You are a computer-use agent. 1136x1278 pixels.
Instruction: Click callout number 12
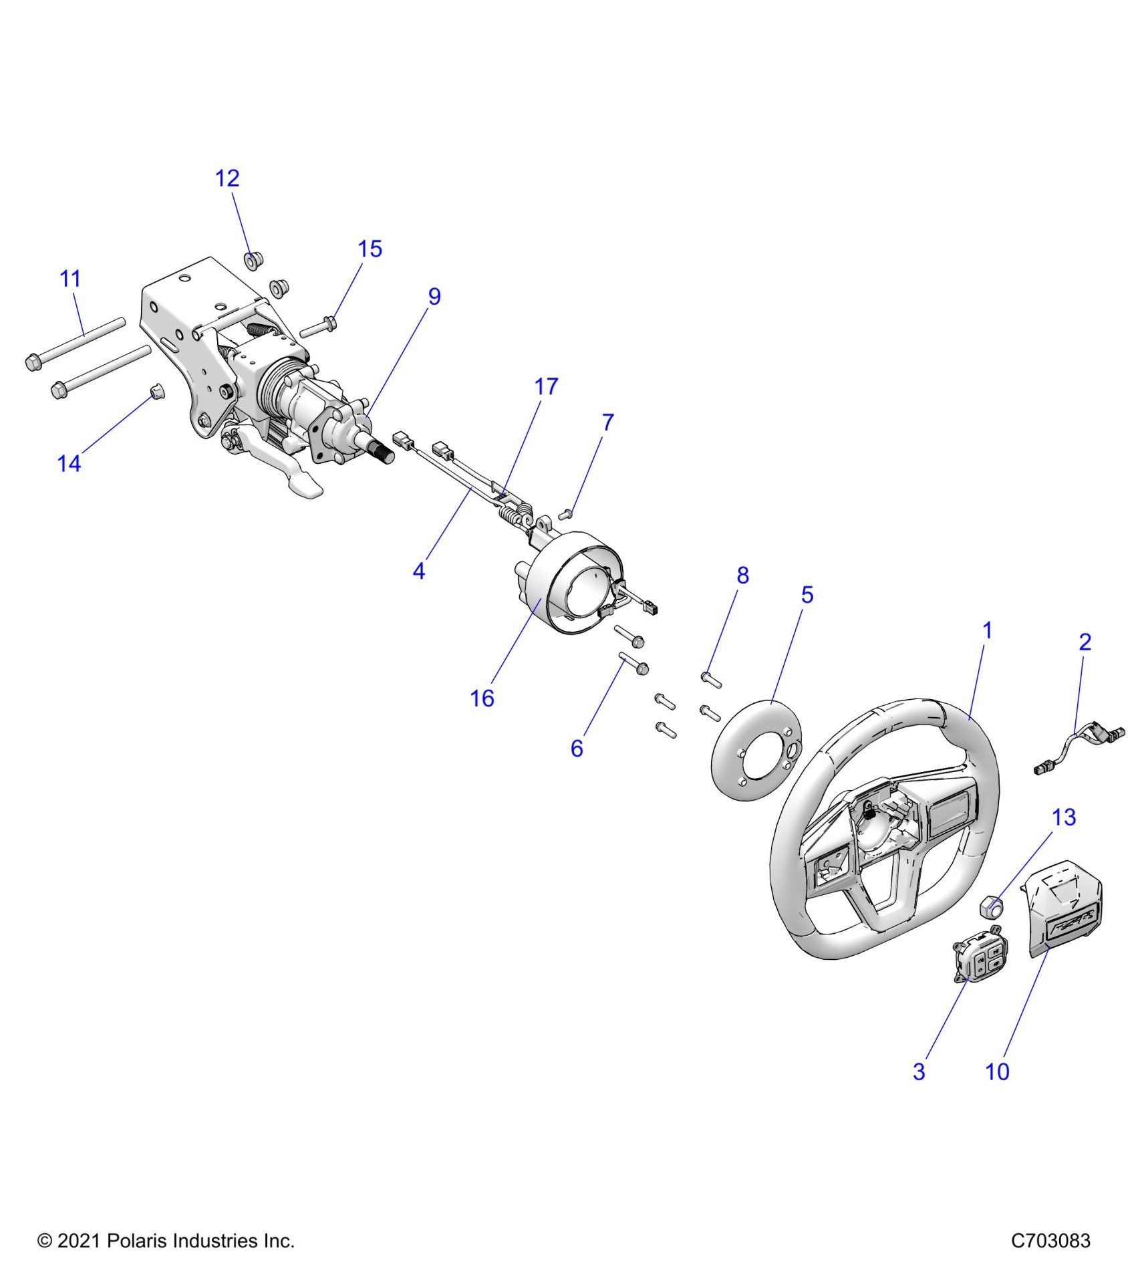(227, 178)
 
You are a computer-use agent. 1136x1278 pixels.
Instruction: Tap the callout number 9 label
(434, 297)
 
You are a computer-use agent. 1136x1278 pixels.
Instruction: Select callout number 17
(546, 386)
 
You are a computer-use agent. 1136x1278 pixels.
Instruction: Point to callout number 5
(807, 595)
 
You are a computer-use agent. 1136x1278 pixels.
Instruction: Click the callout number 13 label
(1064, 817)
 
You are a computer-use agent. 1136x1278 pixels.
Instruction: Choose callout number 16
(482, 698)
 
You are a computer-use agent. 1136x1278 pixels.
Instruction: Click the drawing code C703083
(1050, 1241)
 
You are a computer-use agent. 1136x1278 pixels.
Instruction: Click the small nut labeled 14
(155, 391)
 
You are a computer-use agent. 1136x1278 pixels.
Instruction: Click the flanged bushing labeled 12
(252, 260)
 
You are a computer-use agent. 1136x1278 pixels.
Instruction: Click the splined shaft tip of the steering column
(386, 454)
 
